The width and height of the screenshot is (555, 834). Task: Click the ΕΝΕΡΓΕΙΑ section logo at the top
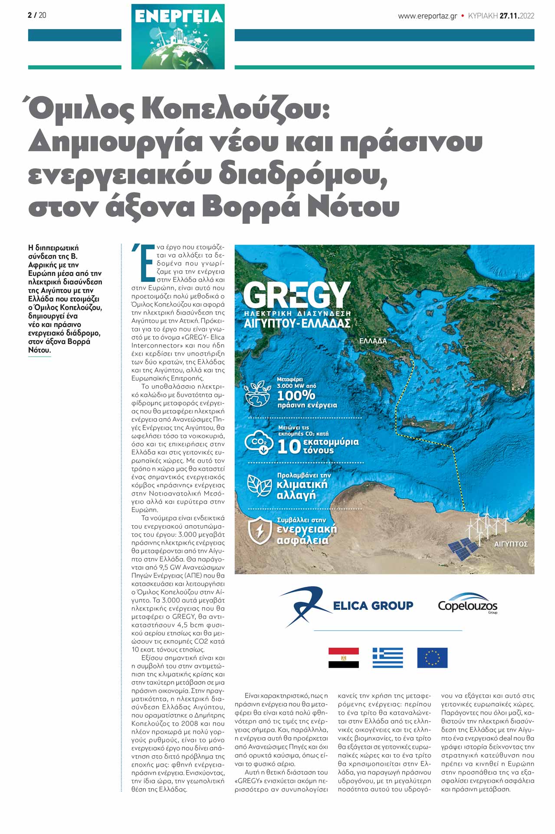point(178,36)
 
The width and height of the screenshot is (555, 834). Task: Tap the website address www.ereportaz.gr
point(427,16)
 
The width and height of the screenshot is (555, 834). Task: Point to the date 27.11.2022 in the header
point(516,16)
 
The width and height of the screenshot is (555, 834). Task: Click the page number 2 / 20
point(37,15)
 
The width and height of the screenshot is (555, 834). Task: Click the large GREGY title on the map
point(297,295)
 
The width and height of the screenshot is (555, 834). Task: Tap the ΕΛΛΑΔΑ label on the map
point(373,341)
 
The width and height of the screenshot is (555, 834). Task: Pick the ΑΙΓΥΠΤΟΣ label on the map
point(511,544)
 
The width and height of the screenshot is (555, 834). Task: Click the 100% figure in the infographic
point(296,395)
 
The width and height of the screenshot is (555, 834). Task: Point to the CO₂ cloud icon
point(259,442)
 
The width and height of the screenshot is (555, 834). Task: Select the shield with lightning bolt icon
point(259,530)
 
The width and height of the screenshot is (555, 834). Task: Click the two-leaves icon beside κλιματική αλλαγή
point(259,485)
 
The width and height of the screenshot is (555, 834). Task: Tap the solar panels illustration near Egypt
point(463,549)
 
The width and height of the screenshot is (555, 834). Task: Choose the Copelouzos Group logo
point(467,604)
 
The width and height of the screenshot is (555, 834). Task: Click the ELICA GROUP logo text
point(373,606)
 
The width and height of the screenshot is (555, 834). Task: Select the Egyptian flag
point(343,658)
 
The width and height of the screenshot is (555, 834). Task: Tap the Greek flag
point(388,658)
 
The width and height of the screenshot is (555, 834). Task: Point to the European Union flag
point(432,658)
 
